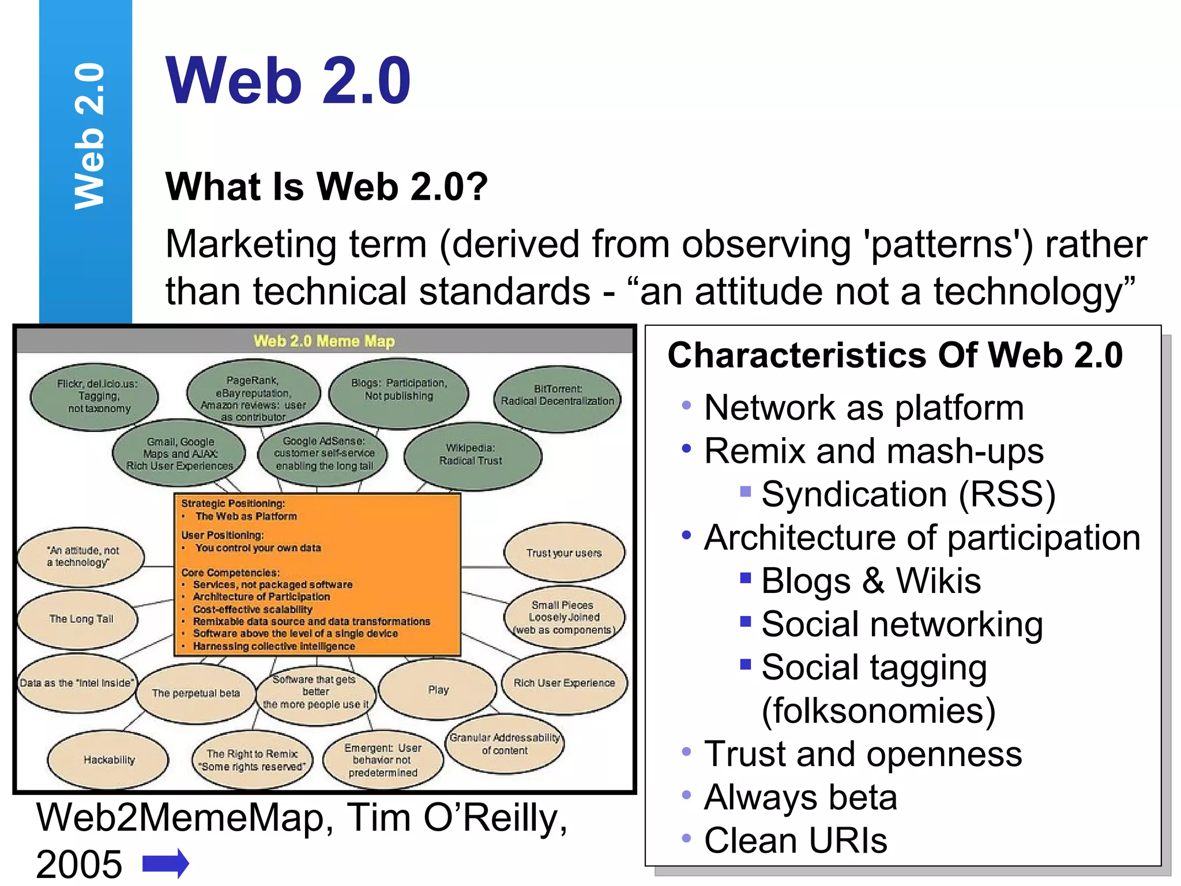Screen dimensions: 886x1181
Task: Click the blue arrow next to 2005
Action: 166,864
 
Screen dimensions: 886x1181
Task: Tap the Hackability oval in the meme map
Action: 108,760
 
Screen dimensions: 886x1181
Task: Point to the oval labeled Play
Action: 438,690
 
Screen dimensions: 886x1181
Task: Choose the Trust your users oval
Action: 564,553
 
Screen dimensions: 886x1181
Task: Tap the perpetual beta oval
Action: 196,693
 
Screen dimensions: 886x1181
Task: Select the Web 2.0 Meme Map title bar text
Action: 324,341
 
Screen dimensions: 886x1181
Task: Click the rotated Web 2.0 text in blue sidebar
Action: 89,136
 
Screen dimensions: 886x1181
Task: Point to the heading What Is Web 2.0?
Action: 326,186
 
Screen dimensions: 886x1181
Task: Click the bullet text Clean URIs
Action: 795,840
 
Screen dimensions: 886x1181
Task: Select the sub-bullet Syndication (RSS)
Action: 908,494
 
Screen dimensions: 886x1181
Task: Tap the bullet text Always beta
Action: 800,797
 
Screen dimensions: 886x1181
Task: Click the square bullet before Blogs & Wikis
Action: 746,577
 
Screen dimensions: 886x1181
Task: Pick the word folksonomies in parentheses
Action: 878,711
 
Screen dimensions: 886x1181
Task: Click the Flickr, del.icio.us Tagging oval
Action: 95,396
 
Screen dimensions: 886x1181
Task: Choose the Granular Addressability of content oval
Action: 505,744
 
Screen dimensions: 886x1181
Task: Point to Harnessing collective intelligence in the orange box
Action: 274,646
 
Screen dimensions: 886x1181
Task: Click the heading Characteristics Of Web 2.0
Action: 895,355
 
